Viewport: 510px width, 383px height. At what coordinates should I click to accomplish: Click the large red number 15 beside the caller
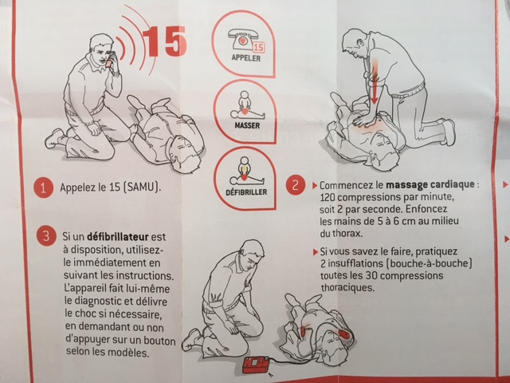pyautogui.click(x=165, y=41)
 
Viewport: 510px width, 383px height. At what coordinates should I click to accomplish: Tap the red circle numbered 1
pyautogui.click(x=43, y=188)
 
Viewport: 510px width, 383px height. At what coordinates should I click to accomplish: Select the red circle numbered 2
pyautogui.click(x=296, y=185)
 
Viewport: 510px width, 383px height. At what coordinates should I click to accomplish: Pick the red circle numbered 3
pyautogui.click(x=46, y=235)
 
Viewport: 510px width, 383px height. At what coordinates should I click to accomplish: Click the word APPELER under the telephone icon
pyautogui.click(x=246, y=58)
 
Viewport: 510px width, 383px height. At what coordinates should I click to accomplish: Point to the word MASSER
pyautogui.click(x=247, y=125)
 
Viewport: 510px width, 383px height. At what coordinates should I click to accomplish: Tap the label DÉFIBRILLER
pyautogui.click(x=246, y=191)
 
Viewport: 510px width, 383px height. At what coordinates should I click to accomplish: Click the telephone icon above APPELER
pyautogui.click(x=241, y=38)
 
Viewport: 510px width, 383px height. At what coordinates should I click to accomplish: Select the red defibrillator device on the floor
pyautogui.click(x=257, y=365)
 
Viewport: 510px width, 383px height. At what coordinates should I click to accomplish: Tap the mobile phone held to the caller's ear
pyautogui.click(x=109, y=59)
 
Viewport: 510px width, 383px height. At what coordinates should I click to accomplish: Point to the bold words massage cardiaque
pyautogui.click(x=430, y=184)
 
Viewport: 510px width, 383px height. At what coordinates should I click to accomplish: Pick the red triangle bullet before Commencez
pyautogui.click(x=315, y=186)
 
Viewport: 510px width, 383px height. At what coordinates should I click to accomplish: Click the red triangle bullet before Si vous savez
pyautogui.click(x=316, y=252)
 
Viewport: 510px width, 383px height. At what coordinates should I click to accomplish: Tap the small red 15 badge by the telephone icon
pyautogui.click(x=259, y=48)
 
